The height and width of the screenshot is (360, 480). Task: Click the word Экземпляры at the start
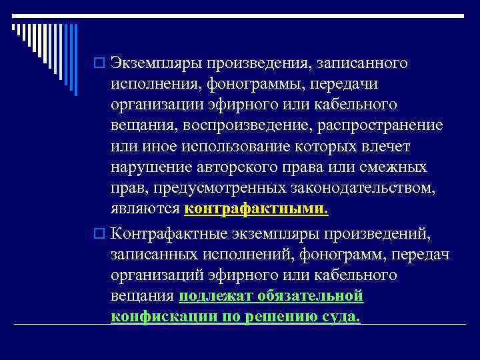tap(157, 63)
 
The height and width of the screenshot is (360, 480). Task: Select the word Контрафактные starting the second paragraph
tap(169, 234)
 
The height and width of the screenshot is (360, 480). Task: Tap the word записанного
tap(363, 63)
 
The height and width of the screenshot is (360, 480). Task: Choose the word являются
tap(145, 209)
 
